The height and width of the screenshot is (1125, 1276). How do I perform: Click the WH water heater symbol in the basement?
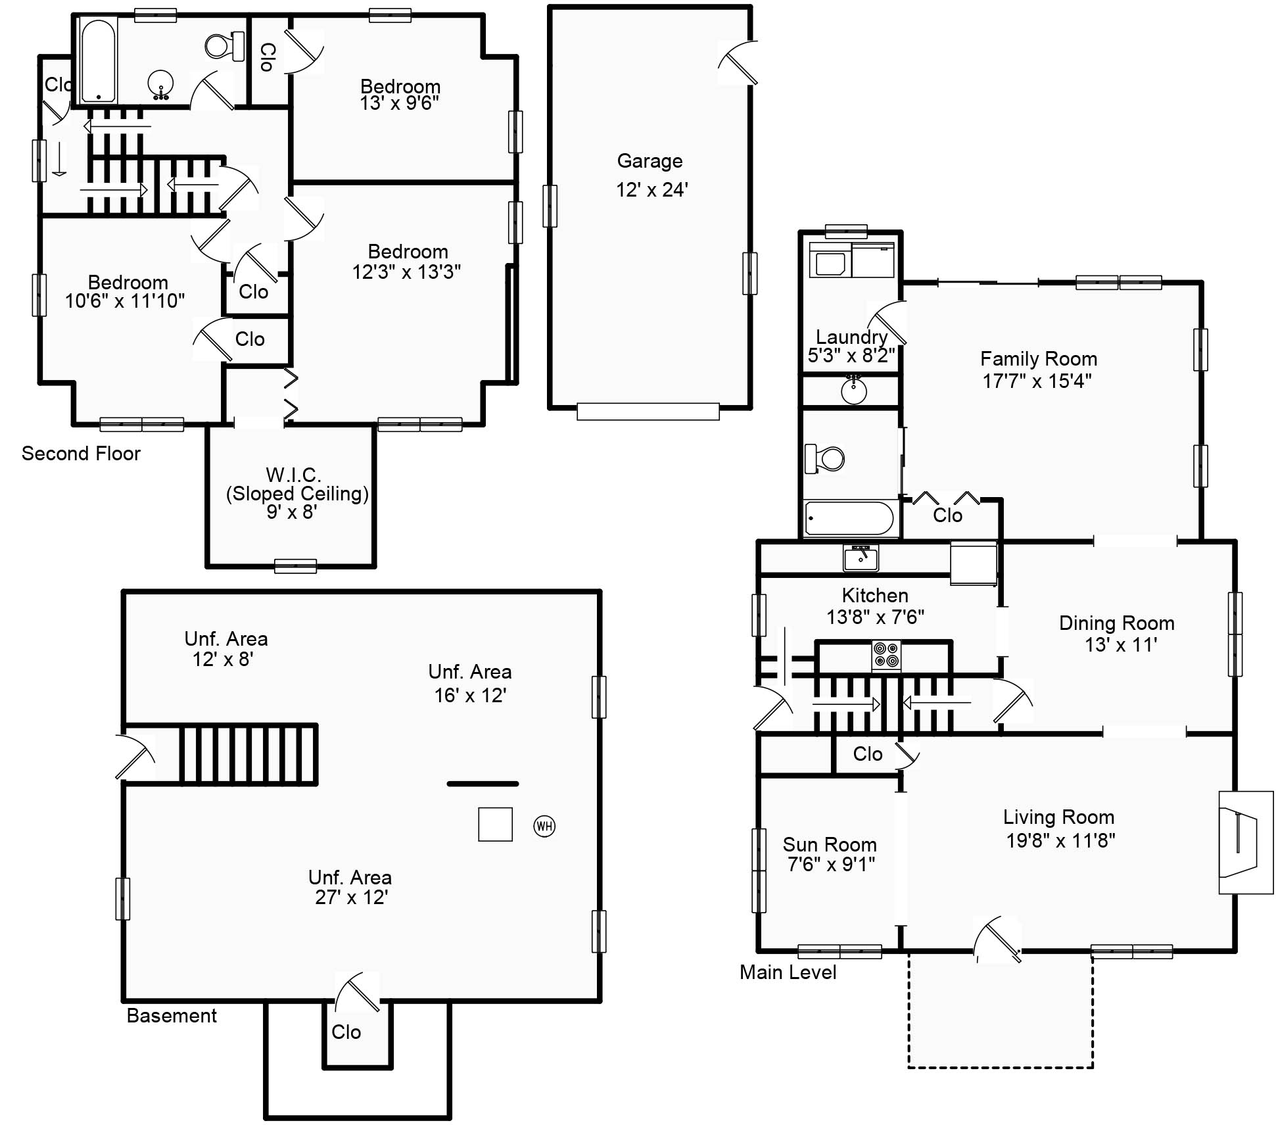(x=544, y=826)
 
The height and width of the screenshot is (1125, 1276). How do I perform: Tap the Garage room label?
(x=650, y=161)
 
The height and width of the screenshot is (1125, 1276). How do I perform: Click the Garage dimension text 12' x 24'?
(x=651, y=190)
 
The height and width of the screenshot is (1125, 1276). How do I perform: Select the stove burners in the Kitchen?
(x=886, y=656)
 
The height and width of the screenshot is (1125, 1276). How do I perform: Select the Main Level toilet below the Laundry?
(x=826, y=458)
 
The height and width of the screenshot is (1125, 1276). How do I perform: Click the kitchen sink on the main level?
(x=861, y=558)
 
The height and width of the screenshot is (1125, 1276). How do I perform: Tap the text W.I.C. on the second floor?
(x=293, y=474)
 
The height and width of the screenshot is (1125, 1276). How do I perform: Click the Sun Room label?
(x=830, y=844)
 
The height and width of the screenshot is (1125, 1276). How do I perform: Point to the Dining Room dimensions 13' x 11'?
(x=1120, y=645)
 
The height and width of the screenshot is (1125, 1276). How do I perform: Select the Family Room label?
(x=1038, y=359)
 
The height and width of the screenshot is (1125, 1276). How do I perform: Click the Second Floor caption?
(x=81, y=454)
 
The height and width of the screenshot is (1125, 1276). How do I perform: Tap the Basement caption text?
(x=171, y=1016)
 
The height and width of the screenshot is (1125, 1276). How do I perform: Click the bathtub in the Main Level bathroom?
(x=849, y=518)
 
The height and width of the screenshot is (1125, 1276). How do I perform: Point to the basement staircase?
(x=248, y=754)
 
